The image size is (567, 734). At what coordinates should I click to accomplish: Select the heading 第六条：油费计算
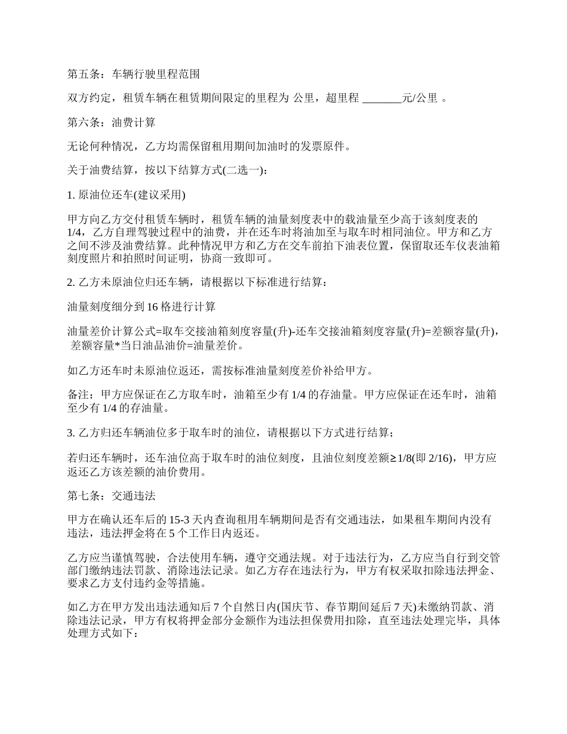(x=111, y=122)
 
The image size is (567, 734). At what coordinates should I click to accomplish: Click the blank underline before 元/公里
(x=382, y=98)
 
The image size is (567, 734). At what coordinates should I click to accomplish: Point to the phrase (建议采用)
(x=157, y=195)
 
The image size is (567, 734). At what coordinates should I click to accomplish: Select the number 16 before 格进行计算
(x=152, y=307)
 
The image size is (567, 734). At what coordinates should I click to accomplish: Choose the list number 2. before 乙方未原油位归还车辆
(x=71, y=282)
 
